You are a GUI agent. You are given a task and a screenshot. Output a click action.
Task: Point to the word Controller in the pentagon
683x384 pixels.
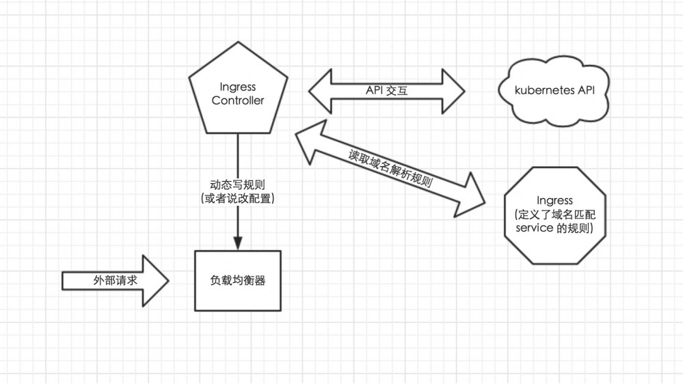tap(237, 101)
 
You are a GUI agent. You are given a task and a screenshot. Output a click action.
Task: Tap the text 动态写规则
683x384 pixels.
tap(237, 184)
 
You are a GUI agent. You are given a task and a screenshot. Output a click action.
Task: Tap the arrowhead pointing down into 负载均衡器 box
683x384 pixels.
tap(237, 243)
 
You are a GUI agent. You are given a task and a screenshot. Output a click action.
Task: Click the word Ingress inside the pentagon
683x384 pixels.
tap(237, 87)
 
